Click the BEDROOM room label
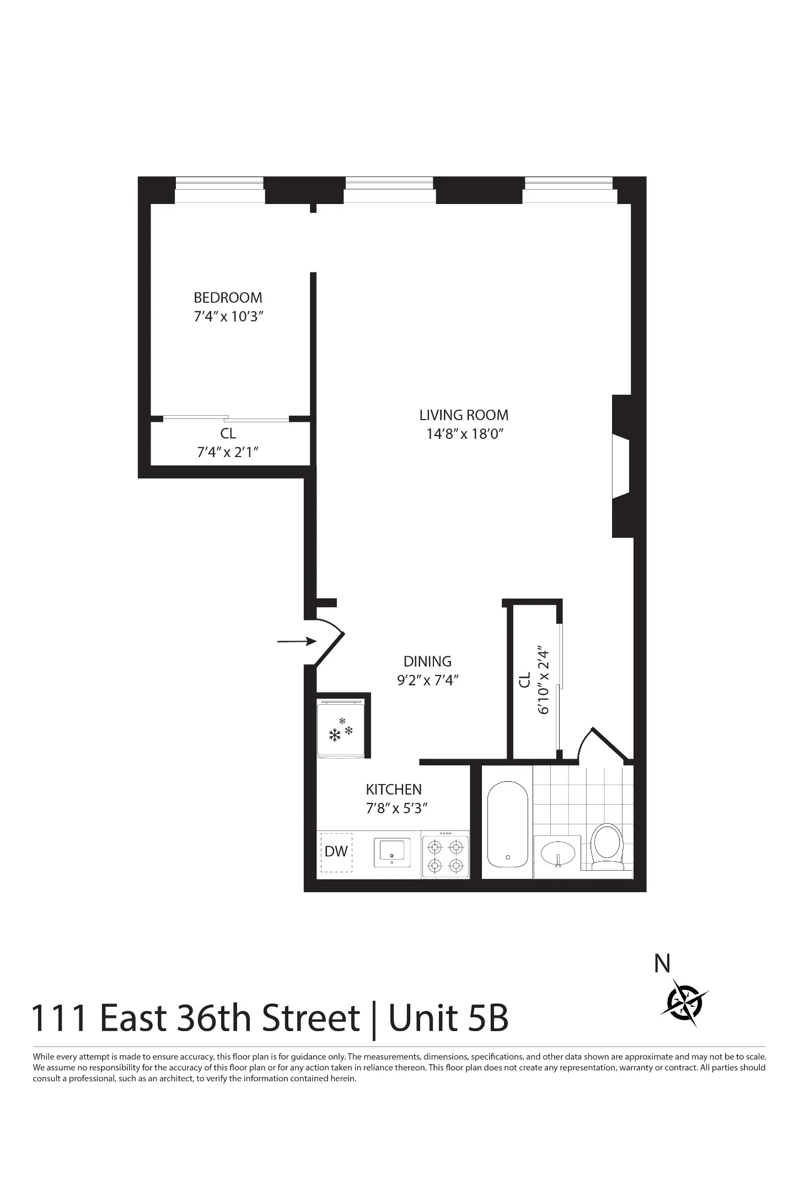[x=228, y=298]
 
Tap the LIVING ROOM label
[x=464, y=415]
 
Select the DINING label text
[x=427, y=661]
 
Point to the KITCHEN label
[x=394, y=789]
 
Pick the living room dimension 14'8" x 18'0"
[x=465, y=434]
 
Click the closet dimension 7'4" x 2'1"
[x=228, y=452]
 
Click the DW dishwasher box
[x=336, y=851]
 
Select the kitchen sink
[x=392, y=852]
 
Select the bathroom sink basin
[x=558, y=854]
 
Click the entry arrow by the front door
[x=296, y=641]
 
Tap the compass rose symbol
[x=685, y=1002]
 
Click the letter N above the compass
[x=662, y=964]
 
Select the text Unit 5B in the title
[x=448, y=1018]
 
